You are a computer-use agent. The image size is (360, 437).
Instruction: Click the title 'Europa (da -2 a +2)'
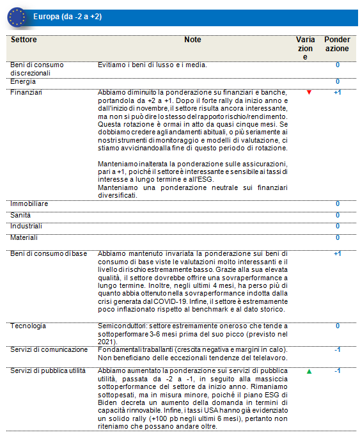tap(67, 16)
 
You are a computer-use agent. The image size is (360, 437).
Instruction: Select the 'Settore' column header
tap(24, 40)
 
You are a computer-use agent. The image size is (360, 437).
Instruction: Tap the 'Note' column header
tap(192, 40)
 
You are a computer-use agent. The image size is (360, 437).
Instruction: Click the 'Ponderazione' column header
tap(337, 44)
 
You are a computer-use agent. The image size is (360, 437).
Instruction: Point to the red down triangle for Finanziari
tap(309, 93)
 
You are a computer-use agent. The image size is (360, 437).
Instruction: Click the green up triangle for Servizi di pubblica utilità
tap(309, 371)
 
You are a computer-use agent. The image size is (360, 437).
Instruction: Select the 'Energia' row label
tap(23, 81)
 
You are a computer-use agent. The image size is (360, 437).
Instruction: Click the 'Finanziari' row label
tap(26, 93)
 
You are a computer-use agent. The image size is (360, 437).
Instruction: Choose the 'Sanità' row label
tap(21, 215)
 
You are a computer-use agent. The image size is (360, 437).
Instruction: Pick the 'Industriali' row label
tap(26, 226)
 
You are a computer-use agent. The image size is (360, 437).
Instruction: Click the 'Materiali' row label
tap(24, 237)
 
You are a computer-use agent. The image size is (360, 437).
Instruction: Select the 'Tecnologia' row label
tap(27, 326)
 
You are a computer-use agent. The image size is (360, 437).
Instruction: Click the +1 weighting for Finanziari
tap(337, 93)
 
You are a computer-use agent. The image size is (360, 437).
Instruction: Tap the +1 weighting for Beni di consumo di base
tap(337, 254)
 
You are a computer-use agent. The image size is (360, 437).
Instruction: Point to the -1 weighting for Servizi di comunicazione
tap(337, 349)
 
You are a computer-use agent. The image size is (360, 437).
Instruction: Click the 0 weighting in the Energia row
tap(337, 82)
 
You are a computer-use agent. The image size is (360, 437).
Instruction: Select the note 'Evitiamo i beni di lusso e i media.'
tap(152, 65)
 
